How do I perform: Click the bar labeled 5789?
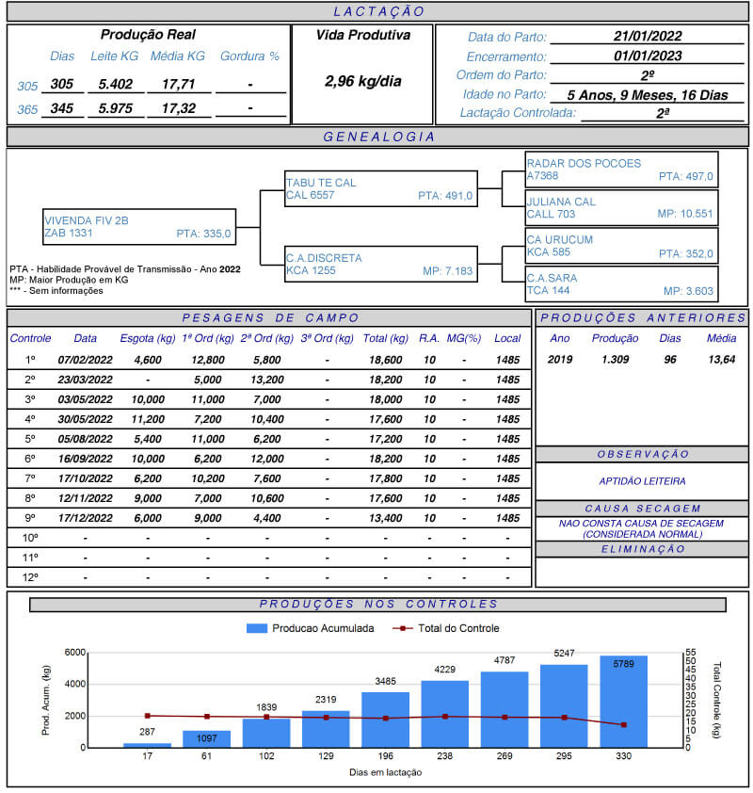pos(624,702)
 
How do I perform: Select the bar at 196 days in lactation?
pos(385,720)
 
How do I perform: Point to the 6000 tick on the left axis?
pos(75,652)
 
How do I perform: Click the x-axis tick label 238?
pos(445,755)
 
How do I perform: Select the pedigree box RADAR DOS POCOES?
pos(621,170)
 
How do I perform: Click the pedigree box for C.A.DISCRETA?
pos(380,265)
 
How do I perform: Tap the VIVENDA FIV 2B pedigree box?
pos(138,227)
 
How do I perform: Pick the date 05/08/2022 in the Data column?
pos(85,439)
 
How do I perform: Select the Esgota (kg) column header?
pos(148,338)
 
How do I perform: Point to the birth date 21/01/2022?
pos(647,37)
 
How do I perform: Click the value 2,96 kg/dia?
pos(362,82)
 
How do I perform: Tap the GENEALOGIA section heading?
pos(378,137)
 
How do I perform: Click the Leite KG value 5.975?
pos(115,109)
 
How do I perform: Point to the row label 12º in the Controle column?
pos(30,577)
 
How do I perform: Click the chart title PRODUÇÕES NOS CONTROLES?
pos(378,605)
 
